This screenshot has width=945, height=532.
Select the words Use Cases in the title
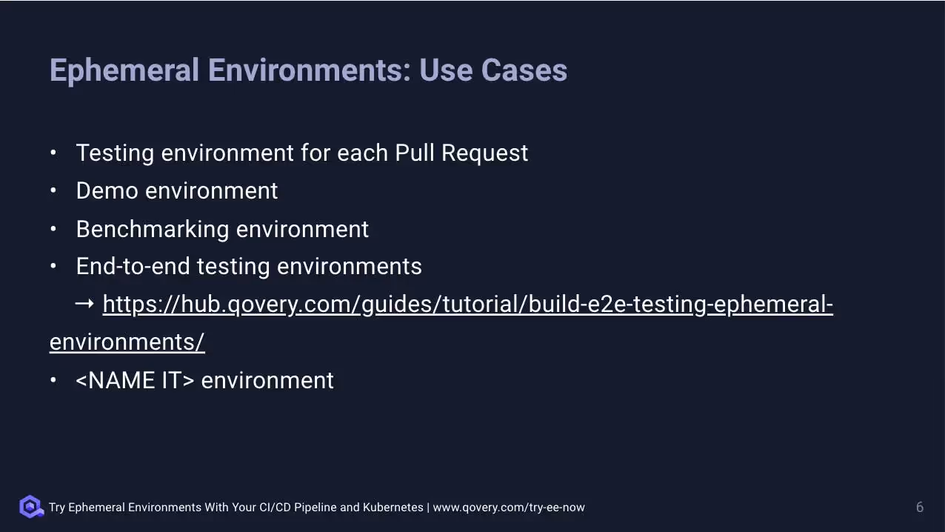(x=493, y=70)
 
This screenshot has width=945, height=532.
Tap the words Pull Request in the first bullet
(x=461, y=153)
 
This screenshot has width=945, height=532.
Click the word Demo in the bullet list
(x=107, y=190)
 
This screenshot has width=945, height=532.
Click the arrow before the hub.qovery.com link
(x=84, y=304)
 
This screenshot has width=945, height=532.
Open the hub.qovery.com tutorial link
(x=467, y=305)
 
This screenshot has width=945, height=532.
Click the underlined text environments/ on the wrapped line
(x=127, y=342)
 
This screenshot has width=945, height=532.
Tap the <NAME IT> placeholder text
(x=135, y=380)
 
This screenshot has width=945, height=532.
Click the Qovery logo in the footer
(x=31, y=507)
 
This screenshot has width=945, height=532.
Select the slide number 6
(x=920, y=507)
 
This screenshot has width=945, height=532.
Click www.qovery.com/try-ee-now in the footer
(x=509, y=508)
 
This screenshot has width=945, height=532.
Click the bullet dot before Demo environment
(x=53, y=190)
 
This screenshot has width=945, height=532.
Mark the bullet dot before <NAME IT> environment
(x=53, y=380)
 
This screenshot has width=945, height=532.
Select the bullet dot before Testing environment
(x=53, y=153)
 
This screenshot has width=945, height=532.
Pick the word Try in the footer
(x=57, y=508)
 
